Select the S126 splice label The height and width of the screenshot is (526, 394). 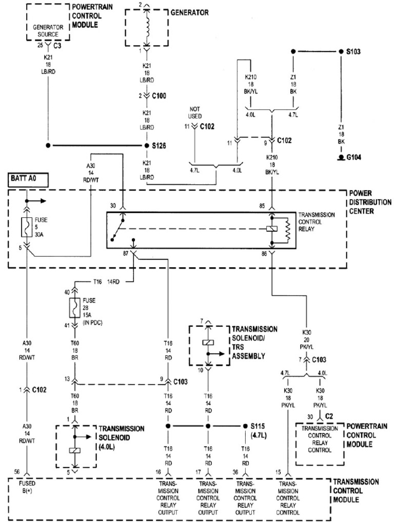[x=160, y=145]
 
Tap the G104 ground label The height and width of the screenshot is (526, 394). [x=353, y=157]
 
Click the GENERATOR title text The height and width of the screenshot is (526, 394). [x=189, y=12]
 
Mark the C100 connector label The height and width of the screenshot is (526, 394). [x=160, y=96]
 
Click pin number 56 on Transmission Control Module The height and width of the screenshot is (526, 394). [x=17, y=471]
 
